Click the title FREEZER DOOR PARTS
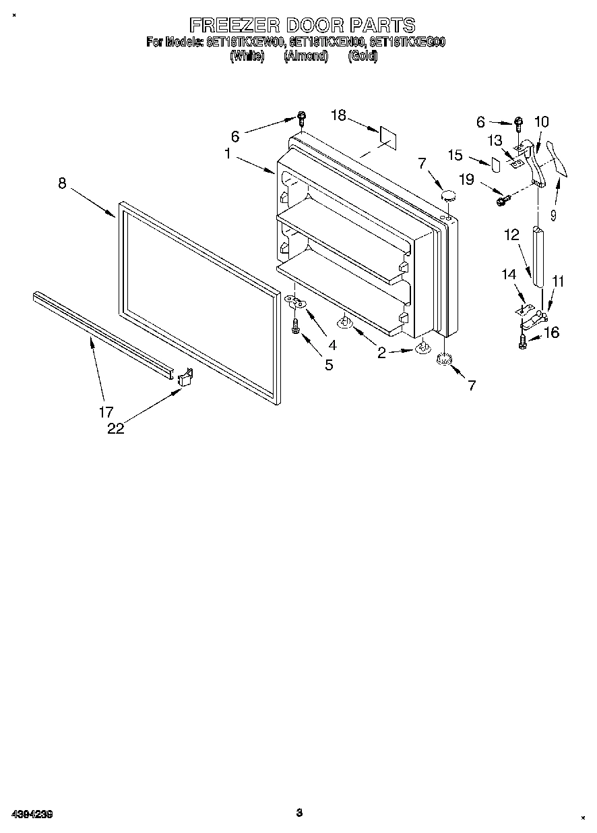[x=302, y=26]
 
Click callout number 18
[x=338, y=115]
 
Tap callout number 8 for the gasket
[x=62, y=183]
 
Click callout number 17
[x=106, y=411]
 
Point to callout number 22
[x=116, y=428]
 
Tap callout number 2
[x=381, y=353]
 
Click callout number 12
[x=511, y=235]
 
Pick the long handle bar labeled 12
[x=539, y=256]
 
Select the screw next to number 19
[x=501, y=200]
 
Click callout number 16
[x=551, y=333]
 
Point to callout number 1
[x=228, y=154]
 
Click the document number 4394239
[x=32, y=814]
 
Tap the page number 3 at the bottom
[x=298, y=813]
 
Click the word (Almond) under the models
[x=305, y=57]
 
